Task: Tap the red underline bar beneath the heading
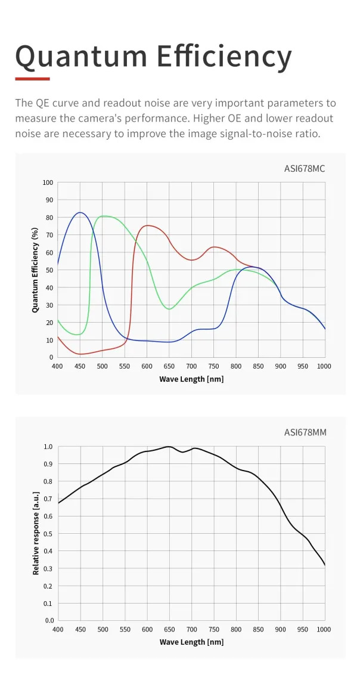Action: [32, 78]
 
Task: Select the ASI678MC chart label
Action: [305, 168]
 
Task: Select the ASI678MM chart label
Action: [305, 432]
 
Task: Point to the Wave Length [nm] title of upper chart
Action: [191, 379]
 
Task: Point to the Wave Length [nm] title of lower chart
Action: [191, 642]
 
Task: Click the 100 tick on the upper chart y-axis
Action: [48, 182]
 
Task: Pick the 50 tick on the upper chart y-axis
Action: [49, 270]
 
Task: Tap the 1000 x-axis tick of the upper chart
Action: [324, 366]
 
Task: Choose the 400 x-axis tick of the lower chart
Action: [58, 629]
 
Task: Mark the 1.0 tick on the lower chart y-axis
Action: [48, 446]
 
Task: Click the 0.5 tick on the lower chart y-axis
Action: [48, 533]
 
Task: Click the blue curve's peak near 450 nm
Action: [80, 212]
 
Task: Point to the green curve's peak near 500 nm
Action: [104, 216]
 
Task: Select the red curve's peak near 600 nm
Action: [148, 225]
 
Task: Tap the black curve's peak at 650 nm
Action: [169, 446]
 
